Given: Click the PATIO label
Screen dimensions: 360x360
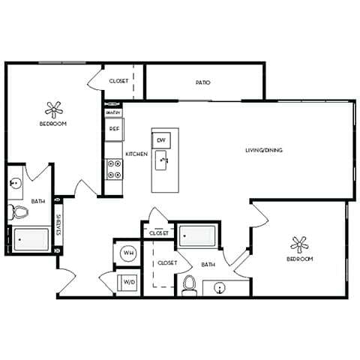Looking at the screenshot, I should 202,82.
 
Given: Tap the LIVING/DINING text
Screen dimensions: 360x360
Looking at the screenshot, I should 263,150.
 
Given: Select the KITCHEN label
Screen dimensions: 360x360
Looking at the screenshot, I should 136,154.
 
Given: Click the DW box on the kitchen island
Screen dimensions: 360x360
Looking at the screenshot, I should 161,139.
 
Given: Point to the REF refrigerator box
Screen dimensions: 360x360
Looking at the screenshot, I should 114,129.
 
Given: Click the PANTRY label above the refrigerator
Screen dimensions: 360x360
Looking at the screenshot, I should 113,112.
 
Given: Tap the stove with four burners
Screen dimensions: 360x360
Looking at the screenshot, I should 114,169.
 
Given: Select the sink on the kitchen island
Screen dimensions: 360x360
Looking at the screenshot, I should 162,160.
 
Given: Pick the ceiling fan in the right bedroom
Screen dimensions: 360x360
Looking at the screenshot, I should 299,244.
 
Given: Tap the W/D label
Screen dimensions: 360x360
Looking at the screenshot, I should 128,283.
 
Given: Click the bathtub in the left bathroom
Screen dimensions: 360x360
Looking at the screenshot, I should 31,240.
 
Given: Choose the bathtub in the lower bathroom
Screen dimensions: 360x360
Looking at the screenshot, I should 198,235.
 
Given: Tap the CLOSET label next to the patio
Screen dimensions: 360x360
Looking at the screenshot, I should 118,81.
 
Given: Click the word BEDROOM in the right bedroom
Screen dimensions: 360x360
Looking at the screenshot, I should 299,259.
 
